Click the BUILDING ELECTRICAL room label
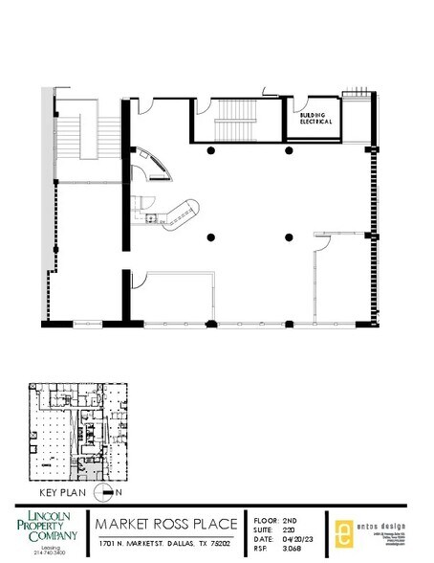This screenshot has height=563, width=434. [316, 120]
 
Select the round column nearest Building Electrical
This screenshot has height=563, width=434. [287, 151]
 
